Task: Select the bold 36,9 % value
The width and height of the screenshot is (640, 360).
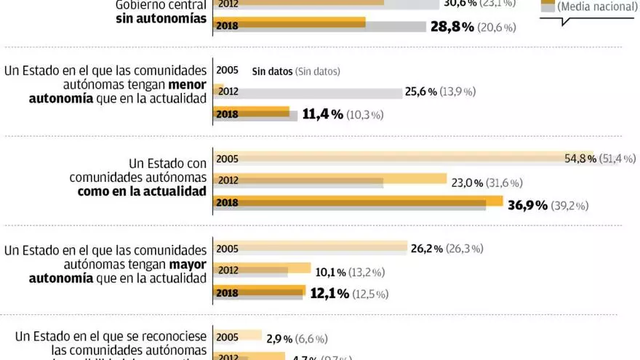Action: (527, 206)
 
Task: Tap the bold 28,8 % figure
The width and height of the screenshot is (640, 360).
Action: (452, 27)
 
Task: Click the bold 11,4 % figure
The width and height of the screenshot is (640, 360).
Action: (322, 114)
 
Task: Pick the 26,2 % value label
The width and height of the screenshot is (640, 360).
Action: (427, 249)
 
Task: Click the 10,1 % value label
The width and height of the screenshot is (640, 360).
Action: (330, 272)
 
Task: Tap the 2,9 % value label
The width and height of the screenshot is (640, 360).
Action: (279, 338)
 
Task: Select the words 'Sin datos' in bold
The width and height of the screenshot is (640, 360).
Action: (272, 71)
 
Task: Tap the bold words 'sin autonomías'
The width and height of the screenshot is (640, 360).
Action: (161, 20)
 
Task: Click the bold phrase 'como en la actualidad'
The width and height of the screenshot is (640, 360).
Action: (142, 191)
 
